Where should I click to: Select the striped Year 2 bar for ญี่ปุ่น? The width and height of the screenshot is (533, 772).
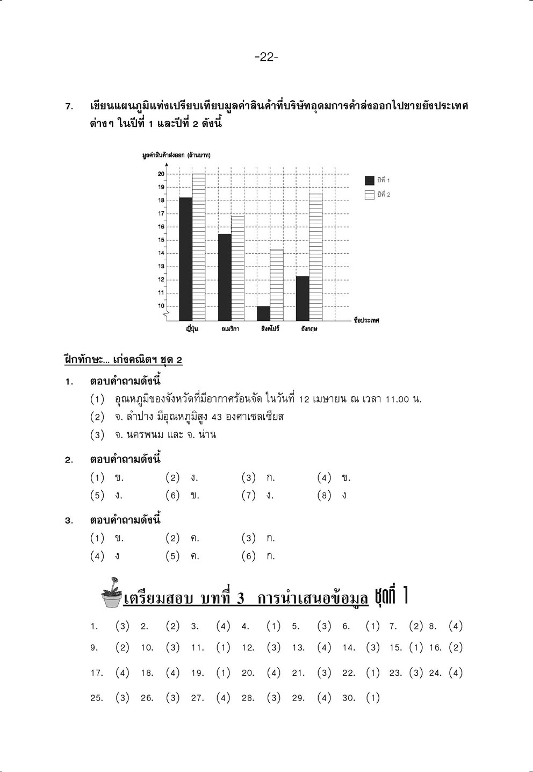click(198, 247)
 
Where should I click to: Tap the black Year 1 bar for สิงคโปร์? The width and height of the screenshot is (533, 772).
click(263, 313)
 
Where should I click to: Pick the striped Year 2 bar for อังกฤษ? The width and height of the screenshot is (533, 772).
click(315, 257)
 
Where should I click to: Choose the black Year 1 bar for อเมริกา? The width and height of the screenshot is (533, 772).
click(225, 277)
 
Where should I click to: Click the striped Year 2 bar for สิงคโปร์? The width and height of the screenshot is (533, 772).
click(276, 285)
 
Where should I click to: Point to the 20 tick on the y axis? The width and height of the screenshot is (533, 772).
click(161, 174)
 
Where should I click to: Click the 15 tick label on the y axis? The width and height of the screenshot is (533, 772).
click(161, 240)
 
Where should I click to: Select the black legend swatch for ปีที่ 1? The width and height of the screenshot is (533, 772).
click(370, 181)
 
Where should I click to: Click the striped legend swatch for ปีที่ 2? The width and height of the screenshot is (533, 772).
click(370, 195)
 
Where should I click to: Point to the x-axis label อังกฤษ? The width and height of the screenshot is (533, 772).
click(309, 328)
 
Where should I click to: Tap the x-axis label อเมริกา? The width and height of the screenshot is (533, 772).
click(231, 328)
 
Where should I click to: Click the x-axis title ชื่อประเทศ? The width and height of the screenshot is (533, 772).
click(366, 320)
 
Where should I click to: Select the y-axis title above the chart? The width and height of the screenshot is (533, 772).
click(176, 155)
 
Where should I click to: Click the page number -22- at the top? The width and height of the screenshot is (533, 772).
click(266, 57)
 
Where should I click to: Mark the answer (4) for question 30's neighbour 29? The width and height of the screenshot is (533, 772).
click(324, 698)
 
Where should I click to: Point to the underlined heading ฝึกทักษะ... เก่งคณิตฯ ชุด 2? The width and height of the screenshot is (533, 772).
click(123, 360)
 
